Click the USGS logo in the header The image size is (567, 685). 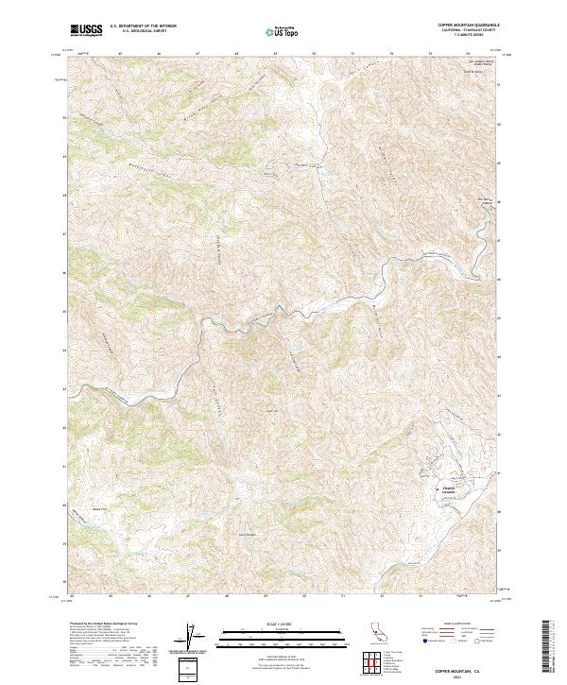pos(86,30)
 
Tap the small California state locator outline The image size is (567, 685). pos(371,634)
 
